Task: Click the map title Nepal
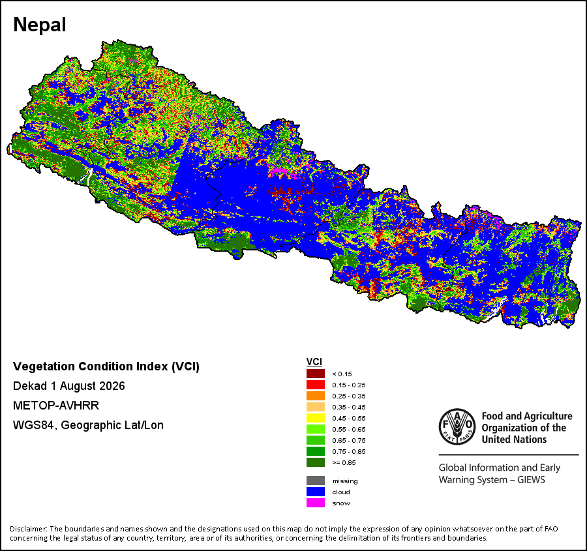click(x=40, y=25)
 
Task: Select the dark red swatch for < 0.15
click(x=316, y=374)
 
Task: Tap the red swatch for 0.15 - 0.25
click(x=316, y=385)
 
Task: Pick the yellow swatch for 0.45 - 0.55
click(x=316, y=418)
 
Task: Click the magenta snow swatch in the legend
click(x=316, y=503)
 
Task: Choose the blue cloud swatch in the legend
click(x=316, y=492)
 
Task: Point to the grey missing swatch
click(x=316, y=481)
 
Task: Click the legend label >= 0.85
click(x=344, y=463)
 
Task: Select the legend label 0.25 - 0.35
click(x=349, y=396)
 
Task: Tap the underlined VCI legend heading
click(x=314, y=362)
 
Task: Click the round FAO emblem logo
click(x=457, y=426)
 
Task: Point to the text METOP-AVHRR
click(x=56, y=406)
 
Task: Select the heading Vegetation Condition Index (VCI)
click(x=106, y=366)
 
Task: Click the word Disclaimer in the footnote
click(x=28, y=529)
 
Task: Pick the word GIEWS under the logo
click(x=531, y=480)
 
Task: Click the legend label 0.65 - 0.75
click(x=349, y=441)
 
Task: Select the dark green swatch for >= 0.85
click(x=316, y=462)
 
